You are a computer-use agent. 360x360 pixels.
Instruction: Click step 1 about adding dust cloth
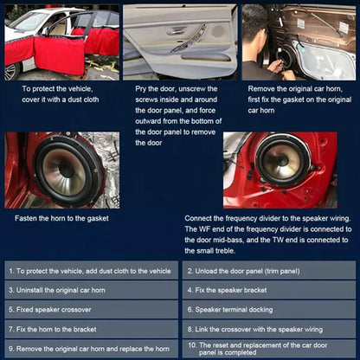tap(91, 270)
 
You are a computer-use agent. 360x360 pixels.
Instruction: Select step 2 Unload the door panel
tap(268, 270)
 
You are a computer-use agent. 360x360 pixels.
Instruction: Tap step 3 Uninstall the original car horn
tap(91, 289)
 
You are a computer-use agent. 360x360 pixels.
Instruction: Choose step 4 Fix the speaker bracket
tap(268, 289)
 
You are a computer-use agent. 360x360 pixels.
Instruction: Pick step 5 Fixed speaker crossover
tap(91, 309)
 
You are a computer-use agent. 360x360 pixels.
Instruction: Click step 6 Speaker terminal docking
tap(268, 309)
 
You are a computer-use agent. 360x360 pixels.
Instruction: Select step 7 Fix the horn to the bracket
tap(91, 329)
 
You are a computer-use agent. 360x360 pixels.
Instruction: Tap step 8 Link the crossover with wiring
tap(268, 329)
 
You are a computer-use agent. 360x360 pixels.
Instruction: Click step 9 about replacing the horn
tap(91, 349)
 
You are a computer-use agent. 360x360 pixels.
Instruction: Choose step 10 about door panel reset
tap(268, 349)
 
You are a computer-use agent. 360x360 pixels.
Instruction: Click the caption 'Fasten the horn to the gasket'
tap(61, 219)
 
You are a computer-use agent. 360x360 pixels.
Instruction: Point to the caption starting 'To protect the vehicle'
tap(60, 93)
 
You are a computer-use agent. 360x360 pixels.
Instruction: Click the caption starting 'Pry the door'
tap(178, 106)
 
